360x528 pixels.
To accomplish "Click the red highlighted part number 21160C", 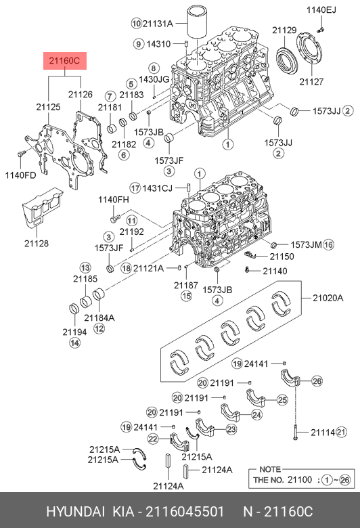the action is [65, 61].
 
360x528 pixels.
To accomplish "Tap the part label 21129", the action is [284, 30].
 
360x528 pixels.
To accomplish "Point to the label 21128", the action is [37, 243].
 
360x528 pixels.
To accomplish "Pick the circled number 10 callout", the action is [136, 23].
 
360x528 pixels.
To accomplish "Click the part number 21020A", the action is [328, 298].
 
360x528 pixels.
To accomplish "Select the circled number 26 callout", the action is [317, 381].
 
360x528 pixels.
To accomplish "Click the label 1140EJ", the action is [321, 10].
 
